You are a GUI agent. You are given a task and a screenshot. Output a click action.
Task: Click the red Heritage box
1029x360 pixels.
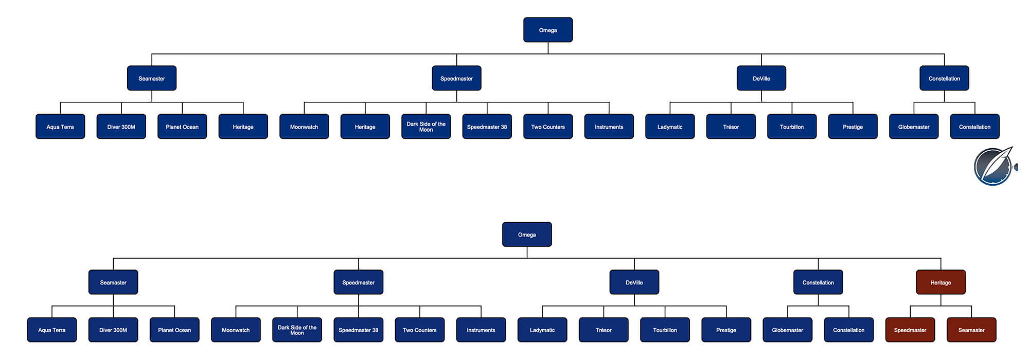pos(941,282)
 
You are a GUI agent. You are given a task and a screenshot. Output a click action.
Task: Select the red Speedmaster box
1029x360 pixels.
pos(910,330)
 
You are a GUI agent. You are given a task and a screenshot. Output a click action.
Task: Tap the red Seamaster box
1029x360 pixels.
pos(971,330)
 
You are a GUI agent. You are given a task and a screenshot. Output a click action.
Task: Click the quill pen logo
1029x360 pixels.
pos(995,166)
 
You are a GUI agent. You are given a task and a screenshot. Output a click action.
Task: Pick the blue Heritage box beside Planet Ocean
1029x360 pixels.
pos(243,127)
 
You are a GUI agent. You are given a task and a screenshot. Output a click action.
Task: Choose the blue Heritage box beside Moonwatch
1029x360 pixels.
pos(365,127)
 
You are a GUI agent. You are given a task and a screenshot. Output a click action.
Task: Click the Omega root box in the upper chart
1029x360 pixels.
pos(548,30)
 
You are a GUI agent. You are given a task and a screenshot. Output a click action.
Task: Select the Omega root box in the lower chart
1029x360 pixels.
pos(527,235)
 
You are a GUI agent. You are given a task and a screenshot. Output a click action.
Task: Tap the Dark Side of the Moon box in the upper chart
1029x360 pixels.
pos(426,127)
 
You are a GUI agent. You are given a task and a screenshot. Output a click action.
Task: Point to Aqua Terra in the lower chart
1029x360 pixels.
pos(52,330)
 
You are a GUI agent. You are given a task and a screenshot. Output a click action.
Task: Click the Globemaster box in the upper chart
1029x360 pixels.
pos(914,127)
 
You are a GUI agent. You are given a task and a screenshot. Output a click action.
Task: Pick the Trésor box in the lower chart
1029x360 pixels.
pos(604,330)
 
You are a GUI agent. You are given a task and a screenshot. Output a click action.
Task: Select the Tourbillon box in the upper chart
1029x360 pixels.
pos(792,127)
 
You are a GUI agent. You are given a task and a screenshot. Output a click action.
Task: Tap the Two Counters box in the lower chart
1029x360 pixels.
pos(420,330)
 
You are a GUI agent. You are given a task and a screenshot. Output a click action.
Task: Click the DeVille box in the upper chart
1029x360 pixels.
pos(761,78)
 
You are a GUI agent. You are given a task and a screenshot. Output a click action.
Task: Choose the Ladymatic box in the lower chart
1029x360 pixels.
pos(542,330)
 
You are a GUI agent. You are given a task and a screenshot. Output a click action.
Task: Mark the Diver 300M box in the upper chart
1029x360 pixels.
pos(121,127)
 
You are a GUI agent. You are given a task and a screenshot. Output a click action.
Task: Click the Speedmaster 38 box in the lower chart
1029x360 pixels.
pos(359,330)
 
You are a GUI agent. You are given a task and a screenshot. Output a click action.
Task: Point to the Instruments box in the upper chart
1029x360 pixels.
pos(609,127)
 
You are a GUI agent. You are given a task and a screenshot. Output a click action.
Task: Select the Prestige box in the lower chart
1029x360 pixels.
pos(726,330)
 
